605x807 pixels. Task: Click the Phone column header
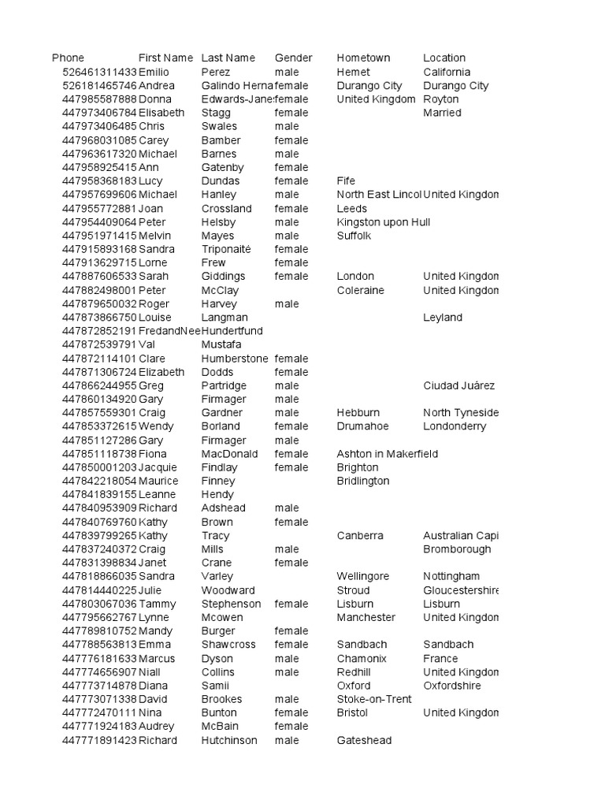[x=68, y=58]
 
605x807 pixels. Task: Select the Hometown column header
[x=363, y=58]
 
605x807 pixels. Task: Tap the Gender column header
[x=293, y=58]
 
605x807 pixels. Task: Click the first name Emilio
[x=155, y=72]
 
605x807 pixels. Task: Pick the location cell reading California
[x=447, y=72]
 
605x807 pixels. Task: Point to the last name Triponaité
[x=225, y=249]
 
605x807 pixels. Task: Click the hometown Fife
[x=347, y=180]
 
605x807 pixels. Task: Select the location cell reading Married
[x=442, y=113]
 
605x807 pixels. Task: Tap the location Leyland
[x=443, y=318]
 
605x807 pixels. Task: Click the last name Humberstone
[x=235, y=359]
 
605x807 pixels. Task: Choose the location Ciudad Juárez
[x=458, y=385]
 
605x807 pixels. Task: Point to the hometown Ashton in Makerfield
[x=387, y=454]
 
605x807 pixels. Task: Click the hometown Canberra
[x=360, y=536]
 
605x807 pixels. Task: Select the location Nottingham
[x=451, y=577]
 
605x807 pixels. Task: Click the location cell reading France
[x=440, y=659]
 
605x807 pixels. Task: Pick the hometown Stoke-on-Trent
[x=374, y=699]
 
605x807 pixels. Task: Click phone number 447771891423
[x=99, y=741]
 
